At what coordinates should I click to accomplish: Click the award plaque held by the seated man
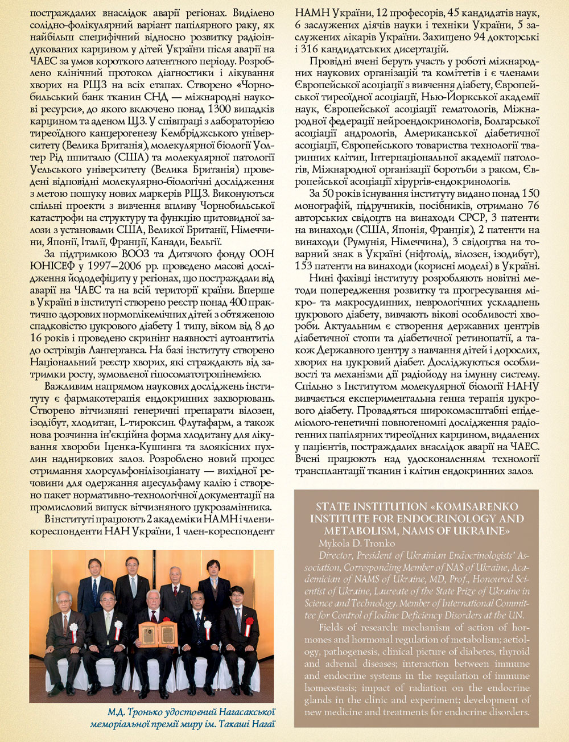coord(158,634)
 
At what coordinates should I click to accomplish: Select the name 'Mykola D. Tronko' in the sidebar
coord(356,543)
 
